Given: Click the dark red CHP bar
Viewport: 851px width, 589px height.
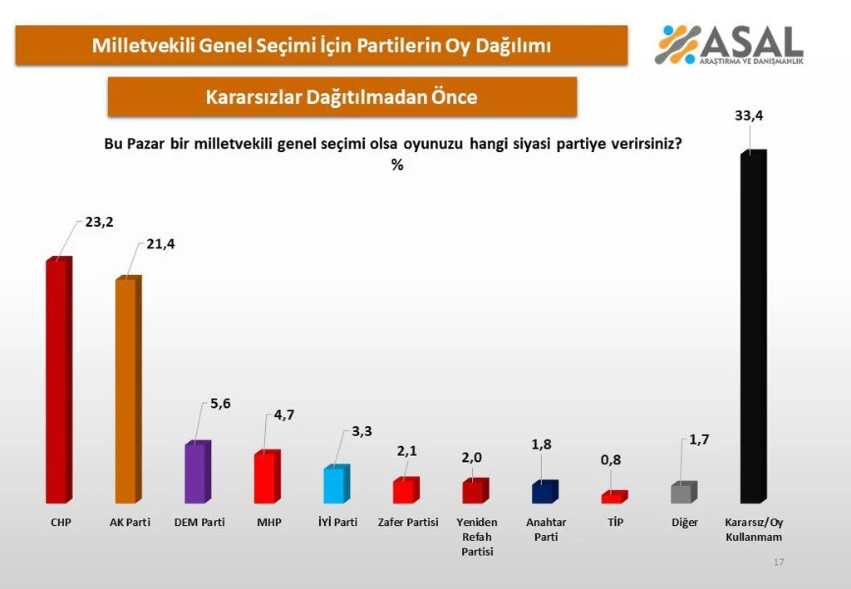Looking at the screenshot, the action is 57,382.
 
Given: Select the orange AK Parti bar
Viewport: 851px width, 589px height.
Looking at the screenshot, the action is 127,390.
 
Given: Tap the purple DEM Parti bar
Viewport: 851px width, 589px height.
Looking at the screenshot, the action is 197,473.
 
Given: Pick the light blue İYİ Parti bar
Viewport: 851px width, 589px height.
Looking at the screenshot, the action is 335,485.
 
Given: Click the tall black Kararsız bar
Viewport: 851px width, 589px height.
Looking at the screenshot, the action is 752,328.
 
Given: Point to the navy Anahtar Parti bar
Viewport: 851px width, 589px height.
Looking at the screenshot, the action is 544,493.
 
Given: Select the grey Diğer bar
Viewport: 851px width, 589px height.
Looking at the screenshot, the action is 682,493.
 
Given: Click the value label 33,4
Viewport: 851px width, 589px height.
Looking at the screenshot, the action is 749,117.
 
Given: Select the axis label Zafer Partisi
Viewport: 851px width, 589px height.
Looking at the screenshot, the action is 407,523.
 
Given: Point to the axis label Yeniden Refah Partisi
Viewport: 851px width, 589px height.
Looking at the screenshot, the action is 477,537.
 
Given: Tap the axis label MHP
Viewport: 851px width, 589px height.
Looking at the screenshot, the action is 266,523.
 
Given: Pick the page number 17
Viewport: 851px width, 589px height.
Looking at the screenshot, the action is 779,562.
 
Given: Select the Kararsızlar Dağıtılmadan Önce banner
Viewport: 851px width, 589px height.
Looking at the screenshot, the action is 342,96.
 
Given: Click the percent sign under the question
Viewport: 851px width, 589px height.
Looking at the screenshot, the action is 396,165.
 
